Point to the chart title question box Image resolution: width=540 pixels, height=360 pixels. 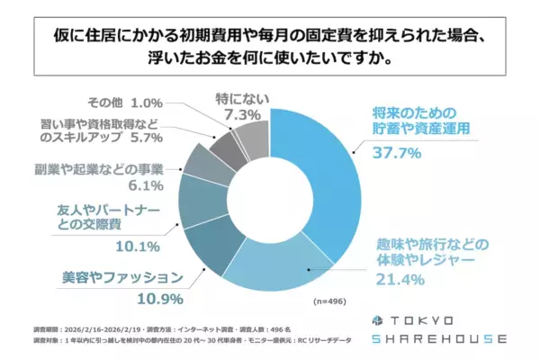270,44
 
